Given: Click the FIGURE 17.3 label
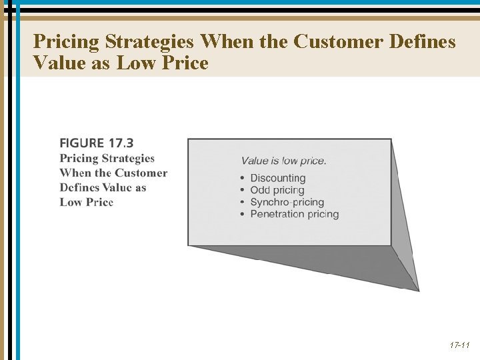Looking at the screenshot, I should [97, 143].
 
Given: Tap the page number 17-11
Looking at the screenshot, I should [459, 345].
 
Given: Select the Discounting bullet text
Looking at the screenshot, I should [278, 178].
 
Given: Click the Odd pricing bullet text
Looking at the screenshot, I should [277, 190].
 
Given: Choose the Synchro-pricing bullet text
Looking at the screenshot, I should [287, 202].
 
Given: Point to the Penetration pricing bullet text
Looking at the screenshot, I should [295, 214].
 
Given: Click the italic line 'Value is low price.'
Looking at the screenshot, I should [284, 161].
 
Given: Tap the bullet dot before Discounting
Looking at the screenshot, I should [243, 178].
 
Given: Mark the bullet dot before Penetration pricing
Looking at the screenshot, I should [243, 214].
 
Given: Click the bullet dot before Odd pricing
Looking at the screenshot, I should [243, 190].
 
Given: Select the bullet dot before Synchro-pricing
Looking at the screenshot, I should [243, 202].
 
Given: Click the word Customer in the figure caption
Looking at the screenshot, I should [141, 173].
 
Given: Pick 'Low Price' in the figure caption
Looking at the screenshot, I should [87, 202].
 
